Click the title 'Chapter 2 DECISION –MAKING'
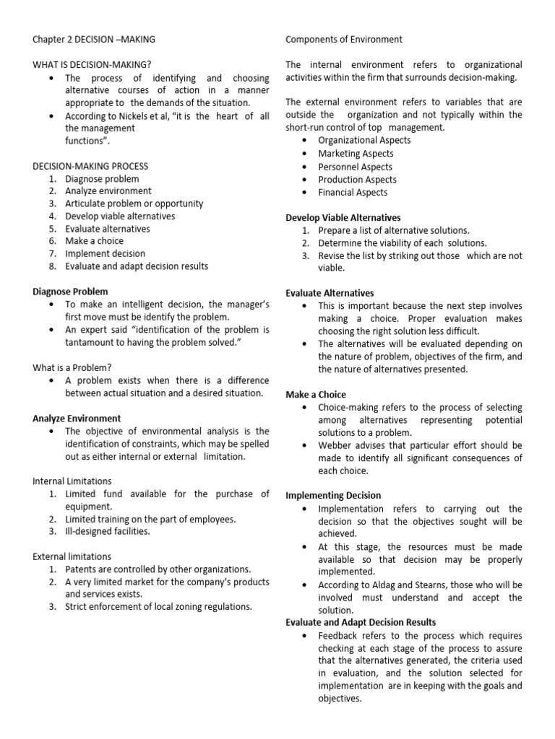coord(93,39)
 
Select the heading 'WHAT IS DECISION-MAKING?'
coord(92,64)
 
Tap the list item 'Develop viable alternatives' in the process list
coord(120,217)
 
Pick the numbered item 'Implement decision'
coord(105,254)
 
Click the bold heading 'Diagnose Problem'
coord(70,292)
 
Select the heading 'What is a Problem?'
coord(72,367)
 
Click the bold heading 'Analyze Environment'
coord(77,418)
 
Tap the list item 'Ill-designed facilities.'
coord(108,531)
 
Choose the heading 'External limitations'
coord(72,556)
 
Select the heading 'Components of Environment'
coord(344,39)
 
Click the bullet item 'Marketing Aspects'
coord(356,154)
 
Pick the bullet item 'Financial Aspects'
coord(353,193)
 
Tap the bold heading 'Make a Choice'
coord(316,395)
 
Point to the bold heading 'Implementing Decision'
coord(333,496)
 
